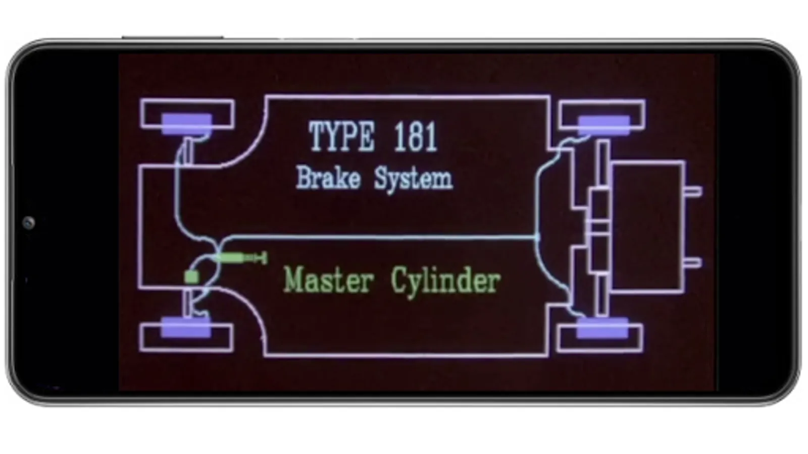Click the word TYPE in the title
point(341,136)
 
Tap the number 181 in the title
point(416,137)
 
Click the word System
point(414,179)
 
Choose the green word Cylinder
point(446,282)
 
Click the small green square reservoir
point(191,277)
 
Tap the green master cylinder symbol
point(241,258)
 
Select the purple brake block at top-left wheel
point(187,124)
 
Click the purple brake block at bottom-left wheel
point(186,328)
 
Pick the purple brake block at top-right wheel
point(604,125)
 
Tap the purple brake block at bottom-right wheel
point(602,328)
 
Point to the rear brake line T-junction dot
point(537,238)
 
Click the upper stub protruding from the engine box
point(693,192)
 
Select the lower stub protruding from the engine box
point(693,263)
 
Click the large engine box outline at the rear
point(685,227)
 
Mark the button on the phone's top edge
point(172,37)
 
